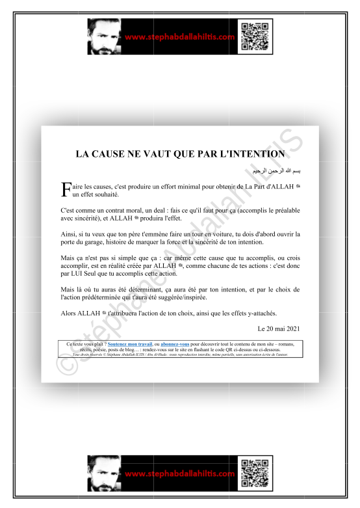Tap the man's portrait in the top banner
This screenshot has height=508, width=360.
(103, 37)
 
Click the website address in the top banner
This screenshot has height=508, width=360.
(179, 37)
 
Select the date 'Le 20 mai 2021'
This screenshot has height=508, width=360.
(279, 329)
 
